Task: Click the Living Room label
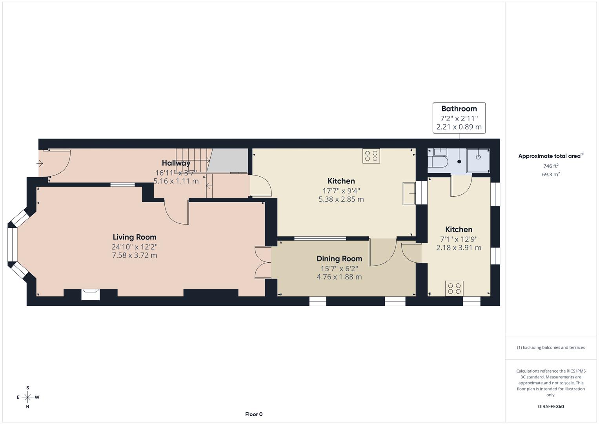135,237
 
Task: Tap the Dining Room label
339,259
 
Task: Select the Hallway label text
176,163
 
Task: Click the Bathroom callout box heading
459,109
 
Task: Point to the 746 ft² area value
551,166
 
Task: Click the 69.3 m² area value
551,175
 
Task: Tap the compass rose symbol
27,397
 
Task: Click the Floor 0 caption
254,414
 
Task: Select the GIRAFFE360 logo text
551,407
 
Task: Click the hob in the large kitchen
371,156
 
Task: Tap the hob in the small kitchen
454,289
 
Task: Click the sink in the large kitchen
409,193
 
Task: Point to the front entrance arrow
40,163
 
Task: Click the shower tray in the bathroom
478,160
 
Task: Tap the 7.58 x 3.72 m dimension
135,256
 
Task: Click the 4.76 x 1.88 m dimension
339,277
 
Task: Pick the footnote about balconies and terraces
551,347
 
